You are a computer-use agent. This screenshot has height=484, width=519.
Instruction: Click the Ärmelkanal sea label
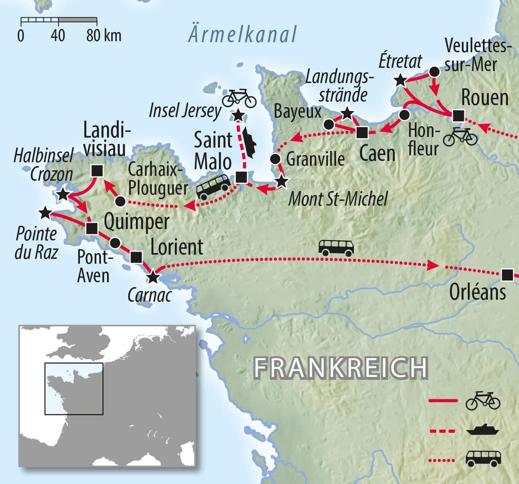click(242, 35)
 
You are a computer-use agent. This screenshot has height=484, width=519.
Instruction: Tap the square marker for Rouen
click(457, 116)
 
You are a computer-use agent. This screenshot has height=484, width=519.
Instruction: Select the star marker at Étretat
click(400, 81)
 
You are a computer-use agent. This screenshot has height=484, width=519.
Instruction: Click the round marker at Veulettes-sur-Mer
click(434, 72)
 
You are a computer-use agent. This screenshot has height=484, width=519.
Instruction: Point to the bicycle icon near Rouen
click(460, 137)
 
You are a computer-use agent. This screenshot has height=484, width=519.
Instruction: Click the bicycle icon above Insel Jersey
click(239, 98)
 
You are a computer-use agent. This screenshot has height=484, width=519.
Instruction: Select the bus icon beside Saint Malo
click(214, 186)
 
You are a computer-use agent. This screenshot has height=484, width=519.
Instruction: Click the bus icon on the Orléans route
click(336, 247)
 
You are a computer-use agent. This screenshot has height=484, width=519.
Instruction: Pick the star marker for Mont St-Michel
click(281, 181)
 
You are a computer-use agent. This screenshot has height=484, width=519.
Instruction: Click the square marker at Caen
click(362, 132)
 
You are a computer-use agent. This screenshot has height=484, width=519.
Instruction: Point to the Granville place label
click(316, 159)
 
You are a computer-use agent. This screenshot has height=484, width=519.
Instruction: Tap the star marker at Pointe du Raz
click(45, 213)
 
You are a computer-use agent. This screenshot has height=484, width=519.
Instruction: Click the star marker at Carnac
click(153, 277)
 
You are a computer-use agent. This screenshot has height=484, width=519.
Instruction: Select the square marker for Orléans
click(507, 274)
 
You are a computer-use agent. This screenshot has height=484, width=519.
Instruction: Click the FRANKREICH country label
click(341, 368)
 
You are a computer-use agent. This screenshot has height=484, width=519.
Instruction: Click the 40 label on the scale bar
click(58, 35)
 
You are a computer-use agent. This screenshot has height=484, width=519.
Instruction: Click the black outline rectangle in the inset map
click(74, 389)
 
